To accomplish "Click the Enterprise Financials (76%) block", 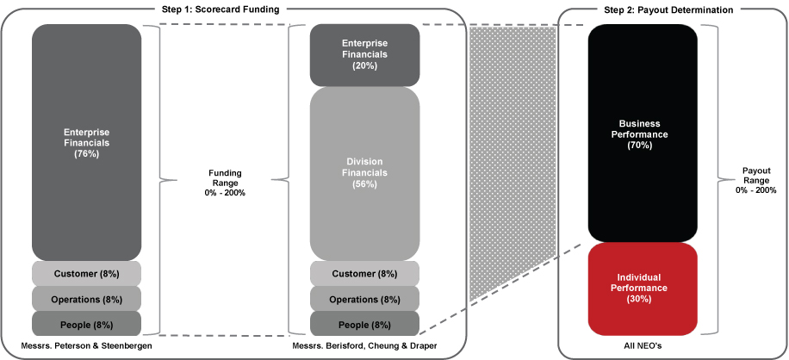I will pyautogui.click(x=87, y=142).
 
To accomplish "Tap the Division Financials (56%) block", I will pyautogui.click(x=364, y=172).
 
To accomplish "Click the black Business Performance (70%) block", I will pyautogui.click(x=642, y=133).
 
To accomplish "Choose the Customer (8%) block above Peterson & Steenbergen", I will pyautogui.click(x=87, y=274).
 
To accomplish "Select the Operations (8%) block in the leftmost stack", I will pyautogui.click(x=87, y=299).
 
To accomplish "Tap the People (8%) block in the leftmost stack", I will pyautogui.click(x=87, y=324).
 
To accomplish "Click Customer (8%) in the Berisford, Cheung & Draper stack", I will pyautogui.click(x=364, y=274).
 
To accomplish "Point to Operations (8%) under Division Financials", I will pyautogui.click(x=364, y=299).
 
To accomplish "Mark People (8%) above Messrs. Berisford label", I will pyautogui.click(x=364, y=324).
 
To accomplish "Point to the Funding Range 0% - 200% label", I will pyautogui.click(x=225, y=183).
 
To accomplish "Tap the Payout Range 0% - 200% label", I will pyautogui.click(x=755, y=179).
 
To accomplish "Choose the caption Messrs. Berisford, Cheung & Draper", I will pyautogui.click(x=364, y=346).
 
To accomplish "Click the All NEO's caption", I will pyautogui.click(x=642, y=346).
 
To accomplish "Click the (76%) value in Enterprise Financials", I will pyautogui.click(x=87, y=153).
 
